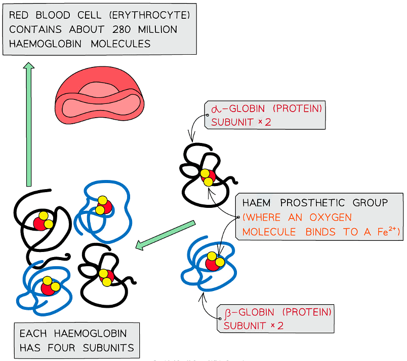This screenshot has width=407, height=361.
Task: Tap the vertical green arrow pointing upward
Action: click(x=29, y=124)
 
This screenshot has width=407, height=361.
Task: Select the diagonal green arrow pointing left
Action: click(x=166, y=235)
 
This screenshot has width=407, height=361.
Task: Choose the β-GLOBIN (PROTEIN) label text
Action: click(x=275, y=311)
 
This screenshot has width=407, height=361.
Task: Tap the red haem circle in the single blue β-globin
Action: click(x=213, y=264)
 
